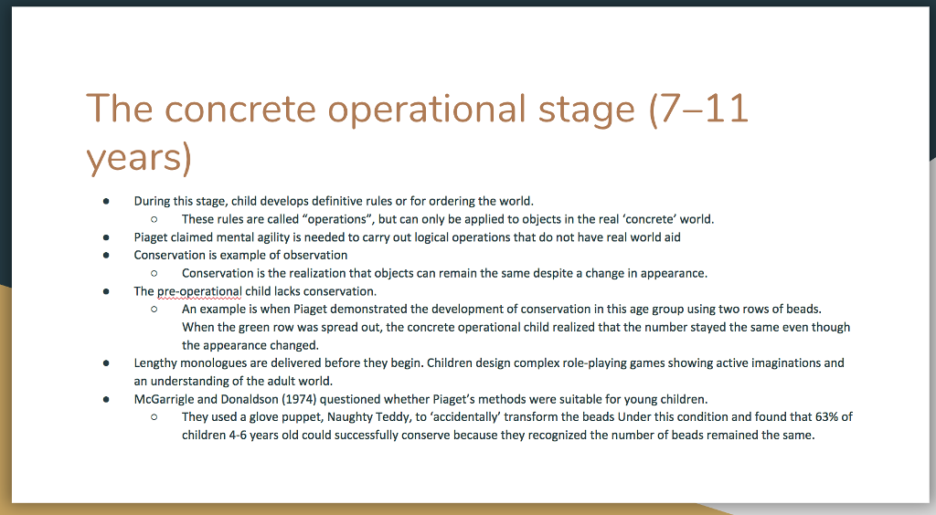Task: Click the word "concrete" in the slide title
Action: point(239,109)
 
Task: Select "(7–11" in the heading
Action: point(698,109)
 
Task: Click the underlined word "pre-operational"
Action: point(199,291)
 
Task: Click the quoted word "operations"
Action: point(336,219)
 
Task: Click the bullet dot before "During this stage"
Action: point(106,202)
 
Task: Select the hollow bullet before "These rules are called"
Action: point(154,219)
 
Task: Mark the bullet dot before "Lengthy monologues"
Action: point(106,363)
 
